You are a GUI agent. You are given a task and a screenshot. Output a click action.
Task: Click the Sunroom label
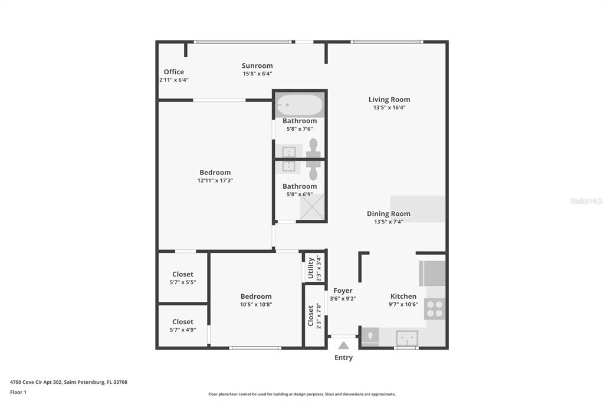(257, 65)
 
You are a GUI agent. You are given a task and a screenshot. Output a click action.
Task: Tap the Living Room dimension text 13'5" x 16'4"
(389, 108)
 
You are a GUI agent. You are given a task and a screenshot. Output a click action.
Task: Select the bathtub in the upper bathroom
(300, 106)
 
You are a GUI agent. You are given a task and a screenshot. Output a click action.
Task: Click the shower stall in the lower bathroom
(313, 206)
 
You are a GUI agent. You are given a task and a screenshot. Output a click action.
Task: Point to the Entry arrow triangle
(343, 345)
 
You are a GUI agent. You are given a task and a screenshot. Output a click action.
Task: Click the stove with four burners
(435, 309)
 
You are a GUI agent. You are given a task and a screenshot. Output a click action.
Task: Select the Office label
(173, 72)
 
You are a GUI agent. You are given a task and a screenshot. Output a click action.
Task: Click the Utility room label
(311, 268)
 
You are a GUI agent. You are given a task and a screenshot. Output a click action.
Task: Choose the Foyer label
(343, 291)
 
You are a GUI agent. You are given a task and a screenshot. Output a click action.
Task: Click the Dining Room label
(388, 214)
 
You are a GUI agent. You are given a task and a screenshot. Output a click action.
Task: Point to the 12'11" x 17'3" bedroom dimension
(215, 181)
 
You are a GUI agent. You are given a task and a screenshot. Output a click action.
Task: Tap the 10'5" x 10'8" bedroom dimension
(256, 305)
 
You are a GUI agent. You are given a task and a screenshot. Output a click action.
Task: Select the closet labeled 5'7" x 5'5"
(182, 278)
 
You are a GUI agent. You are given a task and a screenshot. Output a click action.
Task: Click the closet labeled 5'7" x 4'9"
(182, 325)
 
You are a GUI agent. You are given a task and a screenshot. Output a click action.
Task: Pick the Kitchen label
(403, 296)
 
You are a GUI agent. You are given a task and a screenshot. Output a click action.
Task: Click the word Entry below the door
(343, 358)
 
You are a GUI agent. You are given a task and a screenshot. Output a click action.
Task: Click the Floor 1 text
(18, 392)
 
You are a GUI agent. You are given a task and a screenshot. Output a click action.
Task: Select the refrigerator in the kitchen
(432, 273)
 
